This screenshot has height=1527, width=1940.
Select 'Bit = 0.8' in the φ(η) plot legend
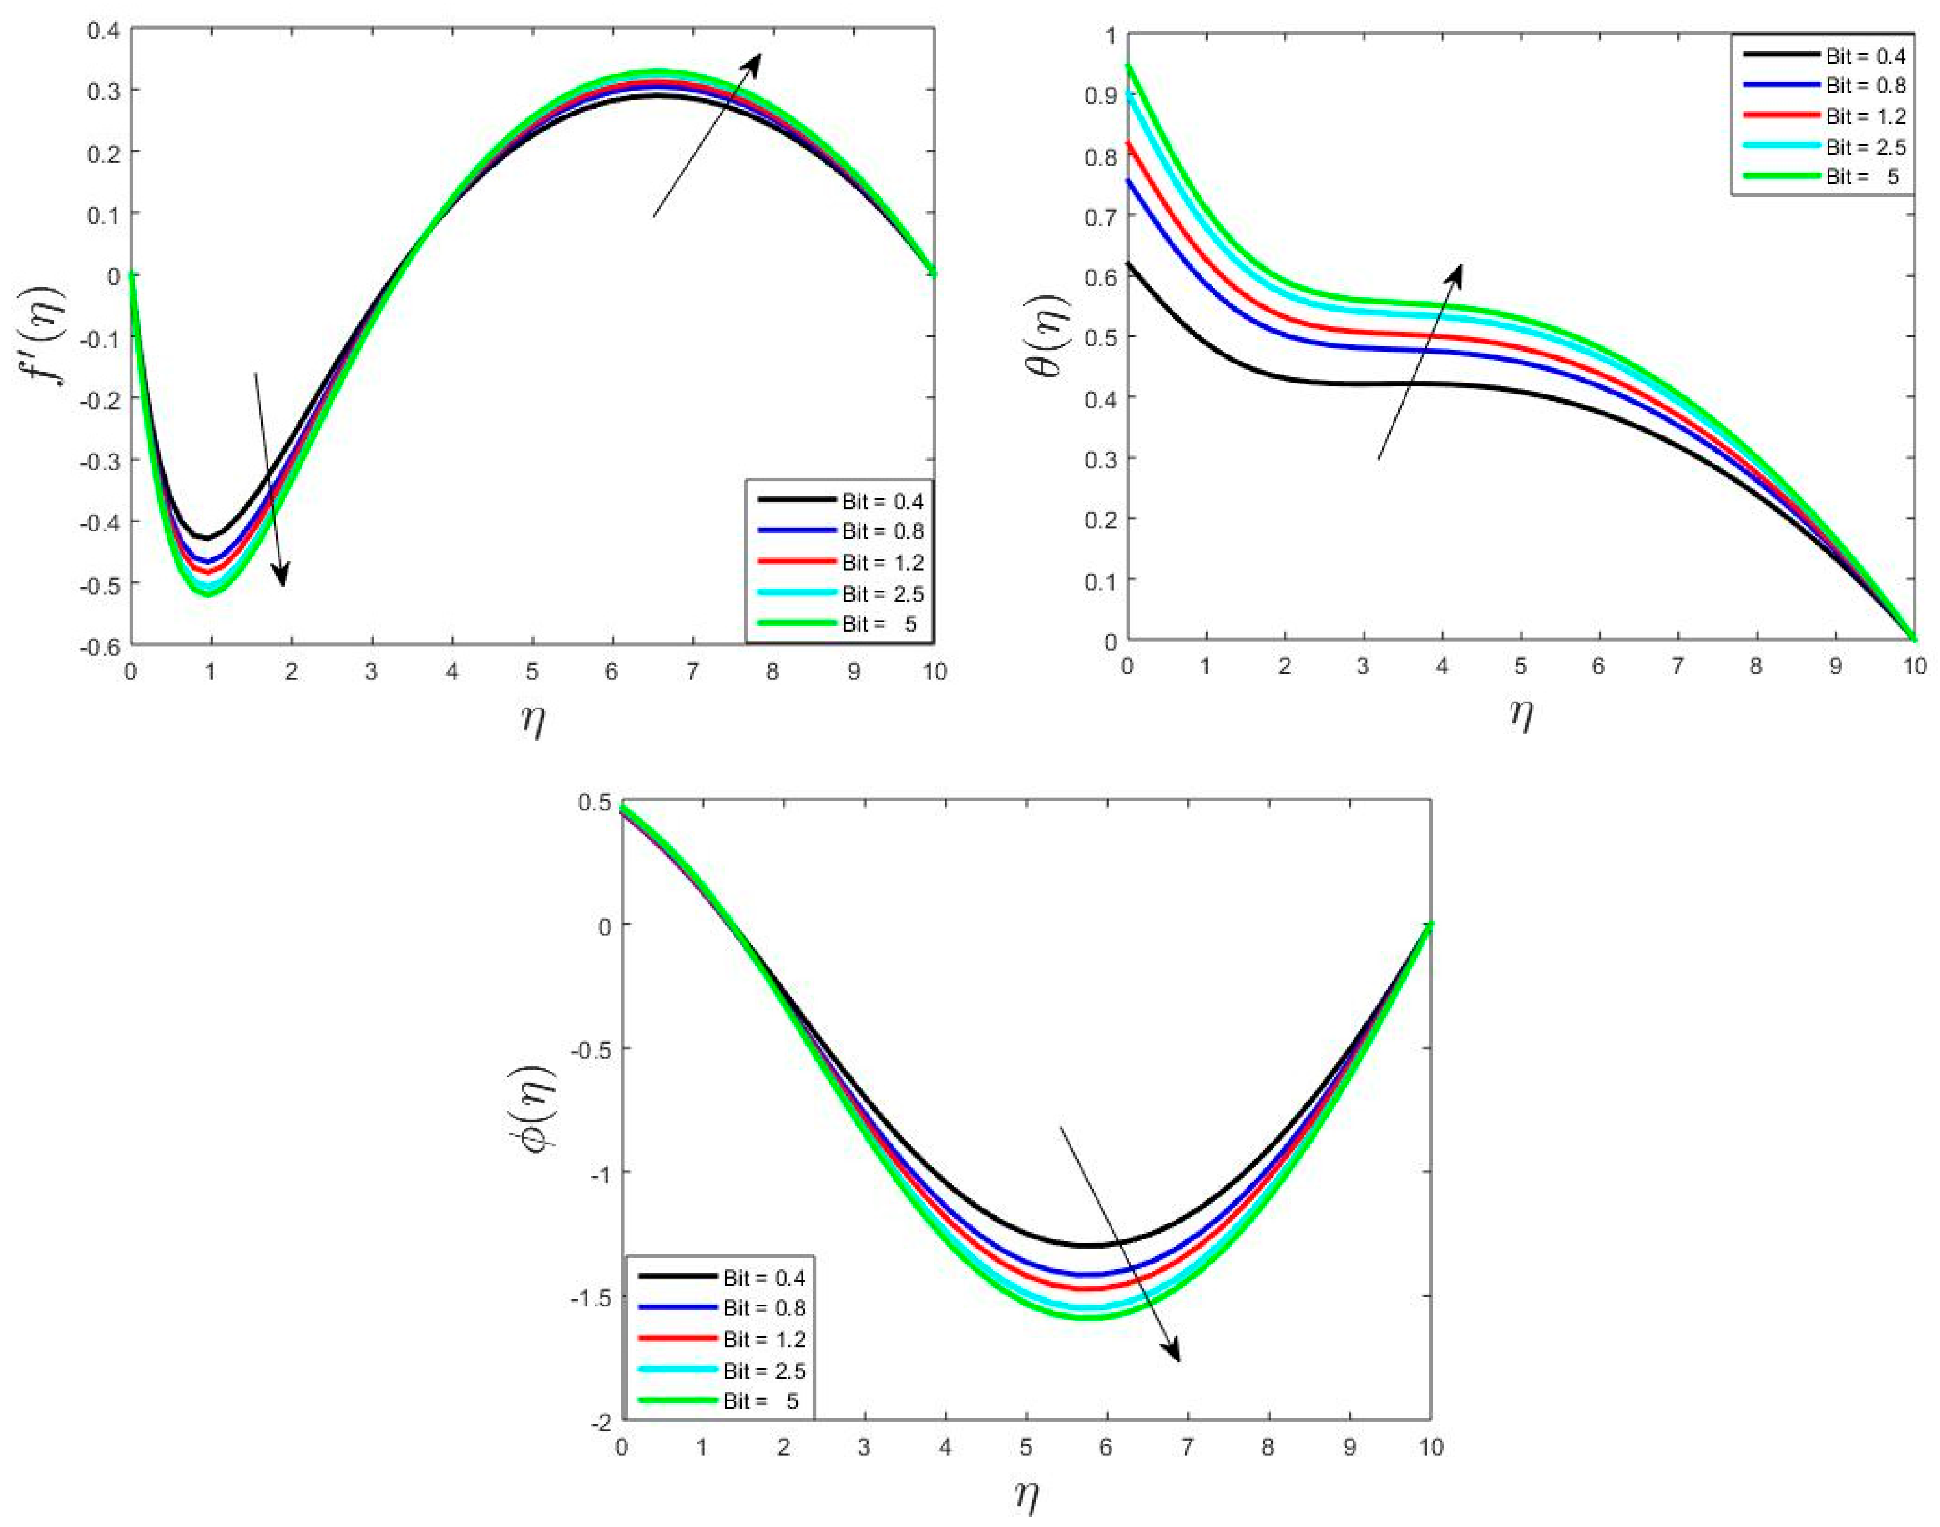[x=764, y=1308]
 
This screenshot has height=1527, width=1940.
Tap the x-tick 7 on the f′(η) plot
[x=692, y=672]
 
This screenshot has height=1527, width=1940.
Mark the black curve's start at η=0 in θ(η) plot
[x=1128, y=262]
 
